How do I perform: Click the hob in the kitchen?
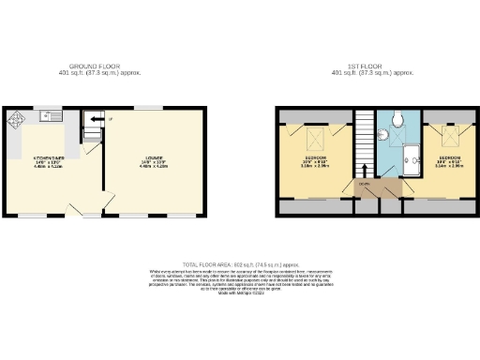click(x=17, y=120)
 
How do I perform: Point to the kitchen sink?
click(x=49, y=118)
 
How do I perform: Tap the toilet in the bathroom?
click(x=399, y=118)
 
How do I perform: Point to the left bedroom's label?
click(x=316, y=160)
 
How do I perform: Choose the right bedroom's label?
click(x=450, y=160)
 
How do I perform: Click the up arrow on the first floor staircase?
click(x=364, y=169)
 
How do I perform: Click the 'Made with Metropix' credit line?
click(x=239, y=292)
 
